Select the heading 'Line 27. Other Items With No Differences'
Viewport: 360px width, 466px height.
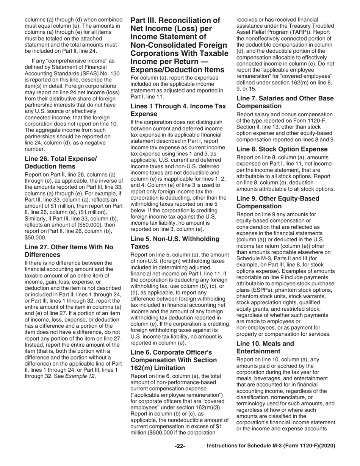click(x=69, y=251)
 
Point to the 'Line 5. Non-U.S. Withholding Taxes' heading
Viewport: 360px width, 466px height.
click(x=175, y=242)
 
